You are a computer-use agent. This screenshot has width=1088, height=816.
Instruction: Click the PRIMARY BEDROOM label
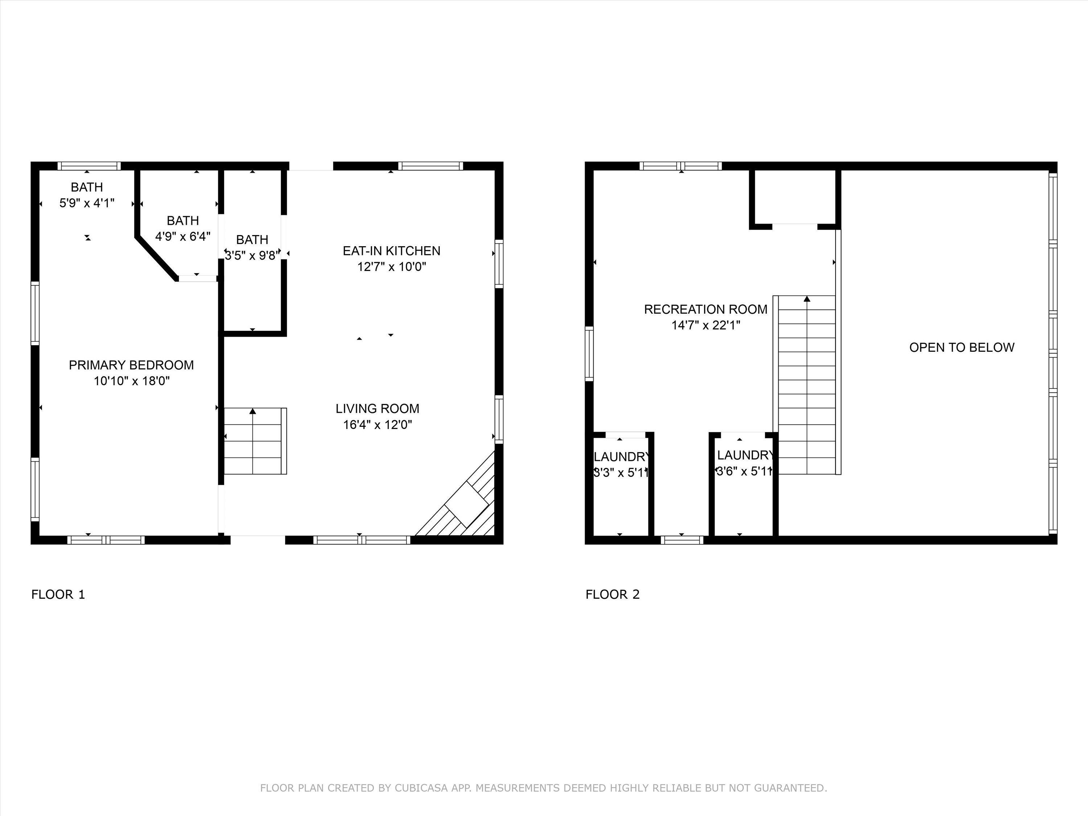(x=131, y=365)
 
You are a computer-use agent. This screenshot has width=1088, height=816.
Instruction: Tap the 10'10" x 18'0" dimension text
(x=132, y=381)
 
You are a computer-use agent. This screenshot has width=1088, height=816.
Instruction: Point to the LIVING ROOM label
(x=377, y=409)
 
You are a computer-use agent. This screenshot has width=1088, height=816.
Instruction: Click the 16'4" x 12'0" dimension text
(x=377, y=424)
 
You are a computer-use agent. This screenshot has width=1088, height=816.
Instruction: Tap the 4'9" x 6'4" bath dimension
(x=183, y=236)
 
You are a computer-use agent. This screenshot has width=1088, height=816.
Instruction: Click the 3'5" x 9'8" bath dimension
(x=252, y=256)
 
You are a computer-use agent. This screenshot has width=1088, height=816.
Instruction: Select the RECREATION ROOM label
(x=705, y=309)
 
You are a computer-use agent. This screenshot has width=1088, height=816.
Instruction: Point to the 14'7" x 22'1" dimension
(x=706, y=325)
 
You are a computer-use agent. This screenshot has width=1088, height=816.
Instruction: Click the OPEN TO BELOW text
(x=961, y=348)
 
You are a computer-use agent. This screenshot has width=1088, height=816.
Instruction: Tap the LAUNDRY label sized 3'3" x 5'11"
(x=621, y=457)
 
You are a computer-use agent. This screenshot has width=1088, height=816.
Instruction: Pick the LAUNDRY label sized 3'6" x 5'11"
(x=745, y=455)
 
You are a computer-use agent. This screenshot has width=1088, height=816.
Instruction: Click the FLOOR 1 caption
(x=58, y=595)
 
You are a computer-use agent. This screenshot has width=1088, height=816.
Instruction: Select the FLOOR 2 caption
(x=613, y=595)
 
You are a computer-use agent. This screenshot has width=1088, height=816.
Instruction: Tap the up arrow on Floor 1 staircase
(x=253, y=411)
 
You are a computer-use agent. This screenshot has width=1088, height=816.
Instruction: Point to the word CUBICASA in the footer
(x=421, y=788)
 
